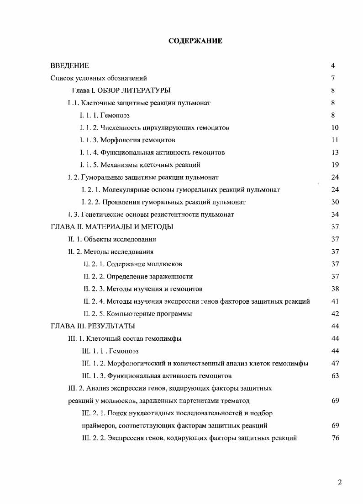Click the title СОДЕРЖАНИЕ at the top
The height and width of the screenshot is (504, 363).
195,41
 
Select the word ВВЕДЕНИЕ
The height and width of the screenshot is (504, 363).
69,66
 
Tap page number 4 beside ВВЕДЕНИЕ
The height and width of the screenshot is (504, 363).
333,66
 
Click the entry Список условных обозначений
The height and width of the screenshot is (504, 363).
99,78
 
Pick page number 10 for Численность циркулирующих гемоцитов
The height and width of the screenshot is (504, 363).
335,128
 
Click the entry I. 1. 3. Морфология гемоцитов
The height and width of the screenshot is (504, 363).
127,140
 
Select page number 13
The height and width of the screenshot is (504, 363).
335,152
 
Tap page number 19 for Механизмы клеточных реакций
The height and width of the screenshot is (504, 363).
335,165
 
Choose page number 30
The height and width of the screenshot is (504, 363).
335,202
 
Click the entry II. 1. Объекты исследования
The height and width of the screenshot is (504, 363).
112,239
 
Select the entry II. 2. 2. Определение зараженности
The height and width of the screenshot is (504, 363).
138,276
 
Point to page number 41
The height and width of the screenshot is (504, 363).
335,301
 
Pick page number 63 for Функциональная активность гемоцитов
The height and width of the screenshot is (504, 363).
335,376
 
